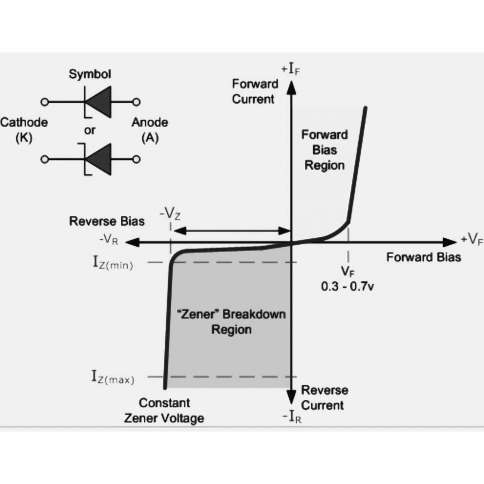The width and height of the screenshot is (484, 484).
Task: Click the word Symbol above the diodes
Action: point(90,74)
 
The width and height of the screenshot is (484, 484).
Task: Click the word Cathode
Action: point(24,123)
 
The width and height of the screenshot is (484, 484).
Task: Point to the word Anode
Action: point(149,123)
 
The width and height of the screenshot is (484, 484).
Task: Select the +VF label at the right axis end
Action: point(472,239)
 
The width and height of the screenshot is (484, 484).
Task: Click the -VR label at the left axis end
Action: point(108,240)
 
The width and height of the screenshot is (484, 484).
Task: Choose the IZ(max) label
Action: point(112,378)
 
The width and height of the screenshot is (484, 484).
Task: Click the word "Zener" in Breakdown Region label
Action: point(195,314)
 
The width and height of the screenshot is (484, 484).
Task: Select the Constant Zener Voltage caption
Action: point(164,411)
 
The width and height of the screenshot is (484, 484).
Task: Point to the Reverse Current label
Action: point(324,398)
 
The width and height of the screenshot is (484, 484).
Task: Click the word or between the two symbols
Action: point(90,131)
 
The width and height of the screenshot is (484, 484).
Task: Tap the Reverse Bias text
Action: point(107,221)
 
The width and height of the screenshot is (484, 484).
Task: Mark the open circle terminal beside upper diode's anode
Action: point(136,102)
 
